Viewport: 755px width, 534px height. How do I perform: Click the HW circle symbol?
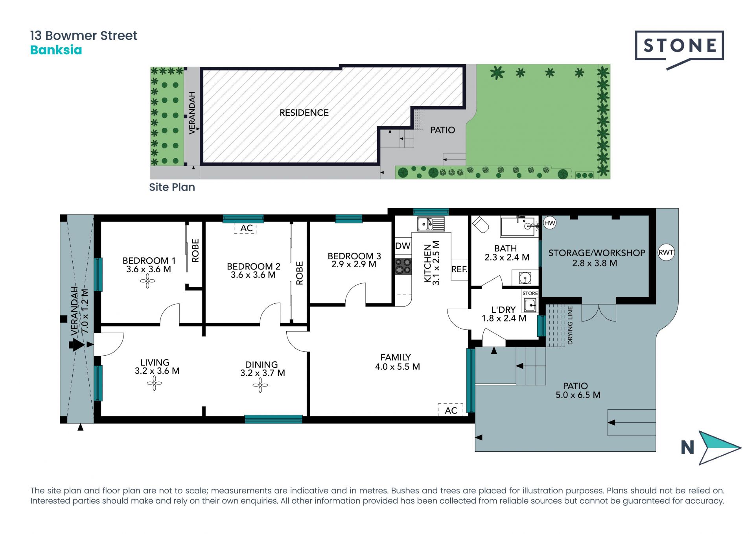pyautogui.click(x=549, y=223)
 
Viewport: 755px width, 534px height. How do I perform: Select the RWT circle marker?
pyautogui.click(x=666, y=252)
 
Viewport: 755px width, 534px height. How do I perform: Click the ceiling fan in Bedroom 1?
pyautogui.click(x=147, y=281)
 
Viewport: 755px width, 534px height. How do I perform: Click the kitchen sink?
pyautogui.click(x=431, y=224)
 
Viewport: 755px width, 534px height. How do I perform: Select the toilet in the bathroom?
pyautogui.click(x=480, y=224)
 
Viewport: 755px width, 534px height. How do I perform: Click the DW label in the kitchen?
pyautogui.click(x=403, y=246)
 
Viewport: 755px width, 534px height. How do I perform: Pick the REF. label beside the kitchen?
pyautogui.click(x=459, y=270)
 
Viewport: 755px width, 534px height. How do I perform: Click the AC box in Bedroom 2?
pyautogui.click(x=245, y=229)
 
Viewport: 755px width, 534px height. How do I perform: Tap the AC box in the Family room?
pyautogui.click(x=451, y=410)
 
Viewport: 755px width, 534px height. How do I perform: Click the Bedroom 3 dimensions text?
pyautogui.click(x=354, y=264)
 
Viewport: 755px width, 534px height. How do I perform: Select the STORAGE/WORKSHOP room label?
pyautogui.click(x=597, y=253)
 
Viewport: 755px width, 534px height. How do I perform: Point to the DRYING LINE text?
pyautogui.click(x=570, y=325)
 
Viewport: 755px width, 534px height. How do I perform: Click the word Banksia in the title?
pyautogui.click(x=56, y=50)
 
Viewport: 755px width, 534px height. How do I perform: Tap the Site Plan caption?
pyautogui.click(x=172, y=187)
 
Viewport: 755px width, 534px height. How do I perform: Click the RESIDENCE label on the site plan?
pyautogui.click(x=304, y=113)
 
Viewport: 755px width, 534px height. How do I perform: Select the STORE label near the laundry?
pyautogui.click(x=530, y=294)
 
